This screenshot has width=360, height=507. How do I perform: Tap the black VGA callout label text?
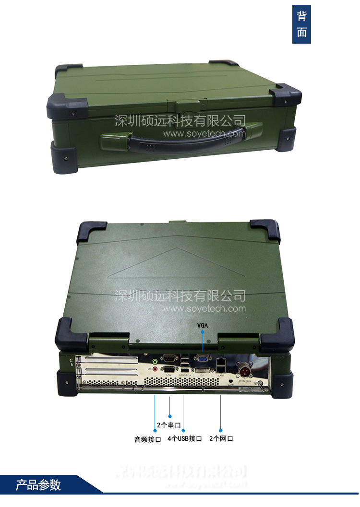pos(203,325)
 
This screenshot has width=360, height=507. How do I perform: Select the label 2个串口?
pos(168,425)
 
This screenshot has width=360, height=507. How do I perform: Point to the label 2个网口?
pos(221,438)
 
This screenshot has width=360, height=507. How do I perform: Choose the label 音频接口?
pos(147,439)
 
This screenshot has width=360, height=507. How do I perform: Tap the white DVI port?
pos(202,370)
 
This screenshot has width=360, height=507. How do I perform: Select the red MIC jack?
pos(155,369)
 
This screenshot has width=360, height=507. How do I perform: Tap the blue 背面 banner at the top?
pos(301,24)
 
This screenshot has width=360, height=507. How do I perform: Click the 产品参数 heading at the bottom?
pos(38,484)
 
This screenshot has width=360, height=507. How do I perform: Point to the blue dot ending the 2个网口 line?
pos(221,430)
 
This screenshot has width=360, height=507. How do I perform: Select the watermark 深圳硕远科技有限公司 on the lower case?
pos(180,296)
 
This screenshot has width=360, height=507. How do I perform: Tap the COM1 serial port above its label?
pos(169,369)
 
